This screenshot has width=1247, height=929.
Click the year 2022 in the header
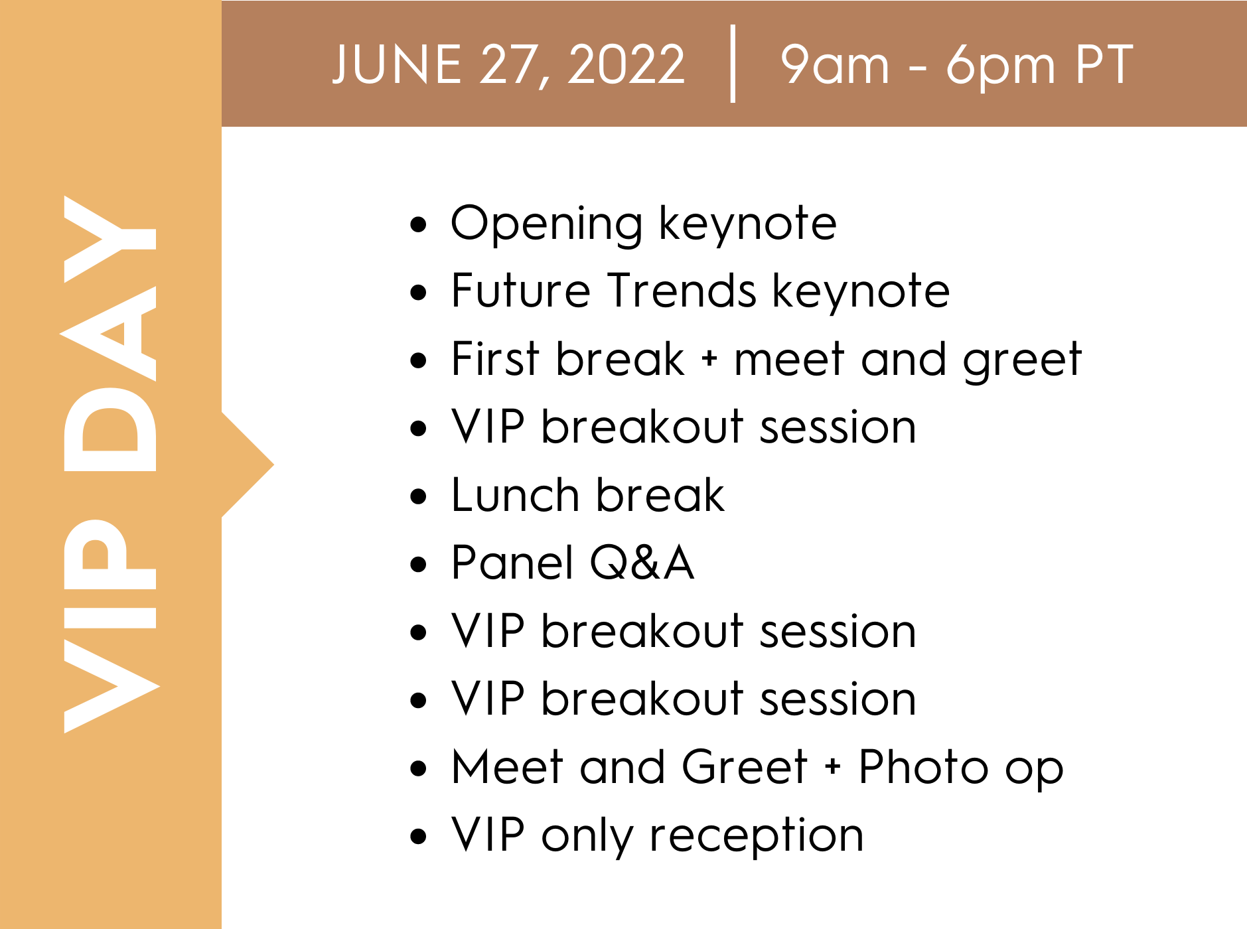[x=626, y=64]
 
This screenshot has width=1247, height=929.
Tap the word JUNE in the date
[x=396, y=64]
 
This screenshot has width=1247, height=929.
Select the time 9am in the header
[x=835, y=64]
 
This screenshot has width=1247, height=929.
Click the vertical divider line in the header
[x=733, y=64]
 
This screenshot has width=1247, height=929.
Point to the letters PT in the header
[x=1104, y=64]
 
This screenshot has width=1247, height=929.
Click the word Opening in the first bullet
[x=546, y=224]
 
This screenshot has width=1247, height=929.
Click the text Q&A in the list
[x=642, y=563]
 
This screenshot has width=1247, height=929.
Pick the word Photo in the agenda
[x=923, y=767]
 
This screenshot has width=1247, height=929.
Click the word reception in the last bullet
[x=757, y=835]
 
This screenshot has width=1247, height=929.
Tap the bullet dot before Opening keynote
[x=418, y=224]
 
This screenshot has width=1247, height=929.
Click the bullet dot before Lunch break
[x=418, y=496]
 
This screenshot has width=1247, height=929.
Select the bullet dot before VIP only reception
[x=418, y=836]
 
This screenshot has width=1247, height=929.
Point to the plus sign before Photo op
[x=833, y=767]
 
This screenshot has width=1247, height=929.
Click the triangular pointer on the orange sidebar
[x=246, y=464]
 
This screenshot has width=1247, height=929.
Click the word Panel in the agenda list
[x=512, y=563]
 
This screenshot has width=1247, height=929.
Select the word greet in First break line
[x=1023, y=360]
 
